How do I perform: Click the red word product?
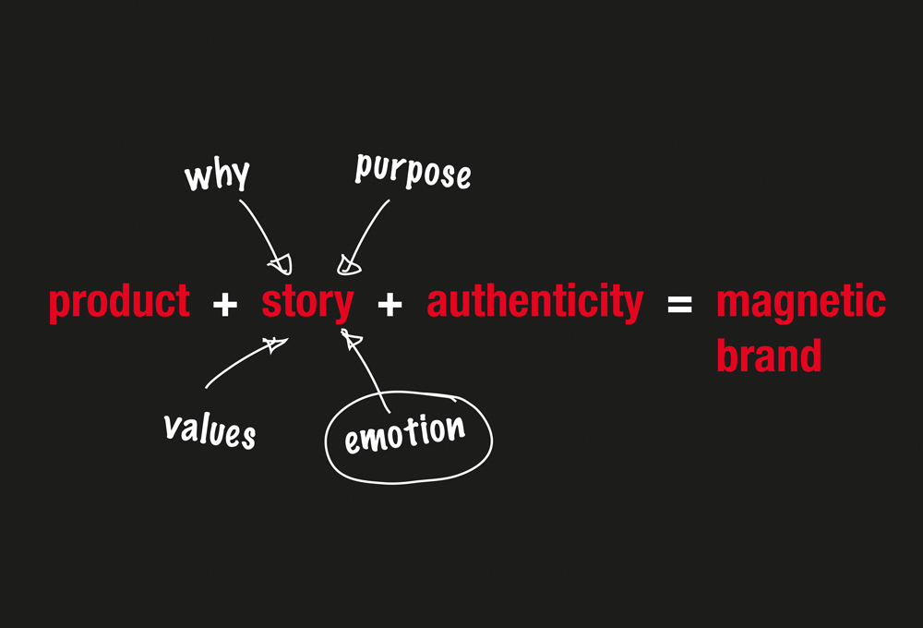(119, 303)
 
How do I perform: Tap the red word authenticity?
(535, 303)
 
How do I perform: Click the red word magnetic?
(800, 303)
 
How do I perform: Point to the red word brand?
(769, 356)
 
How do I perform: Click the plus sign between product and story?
(225, 305)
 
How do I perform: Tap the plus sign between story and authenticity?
(390, 305)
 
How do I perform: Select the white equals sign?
(679, 305)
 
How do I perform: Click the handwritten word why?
(217, 175)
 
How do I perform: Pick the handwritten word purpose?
(413, 172)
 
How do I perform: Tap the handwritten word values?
(210, 430)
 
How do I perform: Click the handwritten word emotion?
(405, 434)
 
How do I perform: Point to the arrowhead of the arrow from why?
(281, 264)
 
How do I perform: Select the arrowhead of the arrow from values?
(275, 344)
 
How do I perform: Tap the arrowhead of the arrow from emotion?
(351, 339)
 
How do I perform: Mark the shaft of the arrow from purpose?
(368, 231)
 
